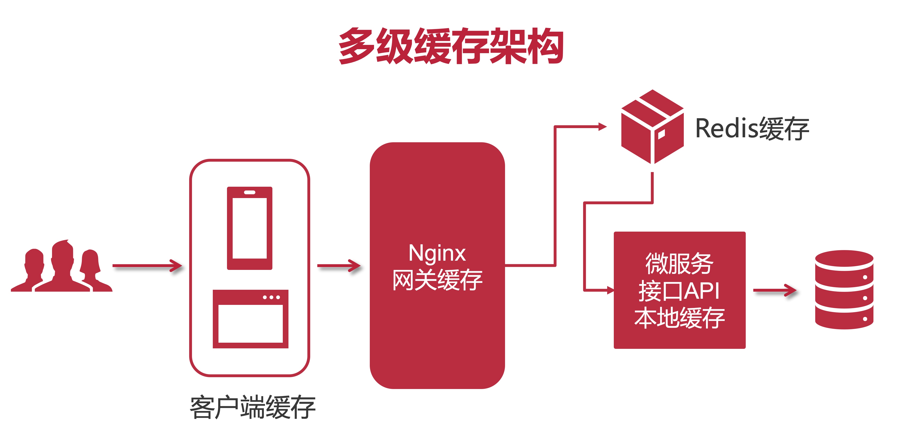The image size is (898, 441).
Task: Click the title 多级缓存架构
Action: (451, 46)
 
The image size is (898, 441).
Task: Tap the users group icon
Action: (62, 267)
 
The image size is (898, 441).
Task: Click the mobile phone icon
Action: (250, 228)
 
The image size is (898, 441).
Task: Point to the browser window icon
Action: (250, 319)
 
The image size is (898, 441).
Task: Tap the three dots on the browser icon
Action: (271, 297)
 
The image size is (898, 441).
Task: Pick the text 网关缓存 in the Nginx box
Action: (437, 280)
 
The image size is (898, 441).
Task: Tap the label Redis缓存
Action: (752, 129)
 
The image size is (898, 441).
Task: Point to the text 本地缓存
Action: (680, 318)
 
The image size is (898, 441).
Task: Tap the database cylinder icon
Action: (844, 290)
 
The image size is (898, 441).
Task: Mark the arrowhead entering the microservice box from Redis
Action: (610, 290)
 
